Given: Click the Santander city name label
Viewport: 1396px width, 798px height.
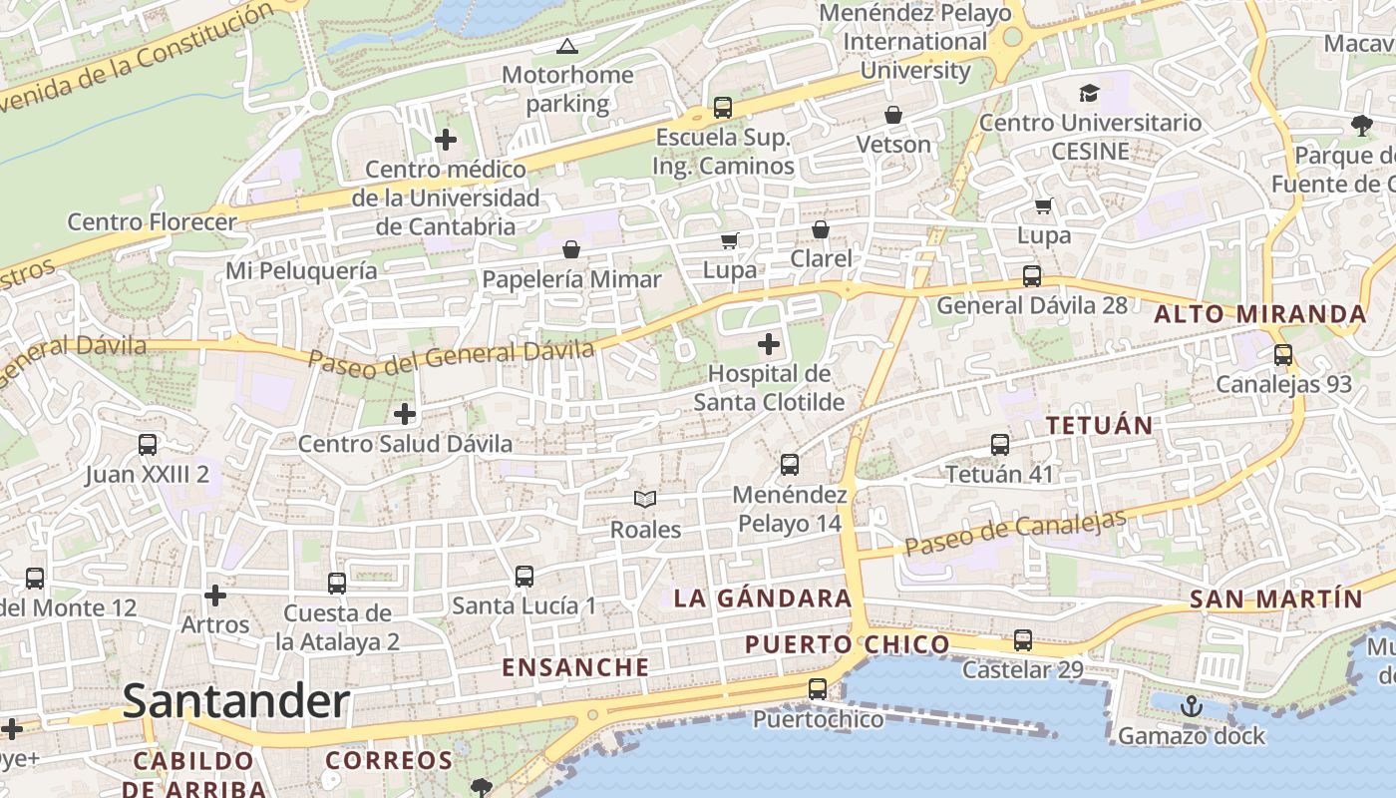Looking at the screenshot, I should [x=236, y=702].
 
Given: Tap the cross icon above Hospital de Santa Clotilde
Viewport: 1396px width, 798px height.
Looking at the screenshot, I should [x=768, y=345].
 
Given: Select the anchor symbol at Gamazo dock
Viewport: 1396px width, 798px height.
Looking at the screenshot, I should [x=1191, y=707].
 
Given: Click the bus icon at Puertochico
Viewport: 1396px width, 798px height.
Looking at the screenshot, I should [x=818, y=689].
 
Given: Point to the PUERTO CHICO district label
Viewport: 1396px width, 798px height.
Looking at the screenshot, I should [x=848, y=644].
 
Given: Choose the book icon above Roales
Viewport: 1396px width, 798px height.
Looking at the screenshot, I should [x=645, y=499].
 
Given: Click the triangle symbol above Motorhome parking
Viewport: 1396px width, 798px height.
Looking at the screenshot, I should [x=566, y=46].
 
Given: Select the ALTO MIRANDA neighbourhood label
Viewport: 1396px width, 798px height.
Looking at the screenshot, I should [x=1260, y=314].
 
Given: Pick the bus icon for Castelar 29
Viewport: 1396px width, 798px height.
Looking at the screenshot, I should [x=1022, y=640].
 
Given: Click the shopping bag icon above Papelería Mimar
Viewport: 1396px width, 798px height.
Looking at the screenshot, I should [x=571, y=248].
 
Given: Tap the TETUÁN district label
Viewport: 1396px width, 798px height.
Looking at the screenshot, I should [x=1099, y=425].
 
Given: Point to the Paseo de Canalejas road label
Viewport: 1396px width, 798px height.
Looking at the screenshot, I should [x=1015, y=534].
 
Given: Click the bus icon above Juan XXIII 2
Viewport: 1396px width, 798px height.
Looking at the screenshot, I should [x=148, y=445].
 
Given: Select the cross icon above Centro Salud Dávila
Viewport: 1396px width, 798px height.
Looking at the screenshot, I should [x=405, y=414].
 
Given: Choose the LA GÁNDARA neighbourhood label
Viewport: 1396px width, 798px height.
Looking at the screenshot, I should [x=763, y=598].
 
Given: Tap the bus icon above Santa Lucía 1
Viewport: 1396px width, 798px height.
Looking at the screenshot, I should [x=523, y=577].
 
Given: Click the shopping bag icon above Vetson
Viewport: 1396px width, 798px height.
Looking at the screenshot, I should [x=893, y=115].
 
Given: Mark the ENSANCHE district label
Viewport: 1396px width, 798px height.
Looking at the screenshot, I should [x=575, y=667].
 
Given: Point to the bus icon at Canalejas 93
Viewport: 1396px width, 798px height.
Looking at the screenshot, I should [x=1282, y=355].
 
